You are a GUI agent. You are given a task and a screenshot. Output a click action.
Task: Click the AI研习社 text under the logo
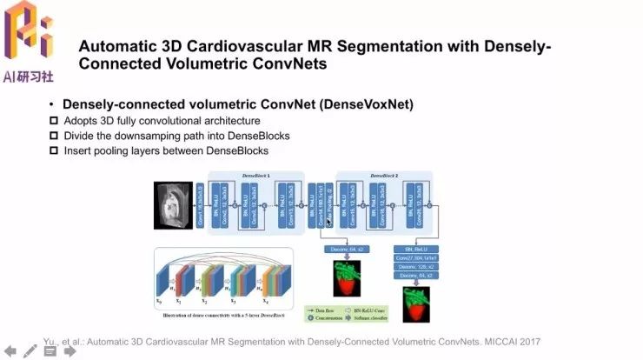coord(29,77)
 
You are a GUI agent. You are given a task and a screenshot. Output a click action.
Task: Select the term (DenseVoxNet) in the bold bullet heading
coord(367,104)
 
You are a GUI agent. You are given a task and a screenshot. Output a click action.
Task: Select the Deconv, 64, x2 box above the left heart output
coord(347,250)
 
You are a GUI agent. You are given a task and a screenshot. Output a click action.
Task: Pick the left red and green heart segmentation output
coord(348,277)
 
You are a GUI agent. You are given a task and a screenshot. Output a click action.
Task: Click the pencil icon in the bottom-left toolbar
coord(30,351)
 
